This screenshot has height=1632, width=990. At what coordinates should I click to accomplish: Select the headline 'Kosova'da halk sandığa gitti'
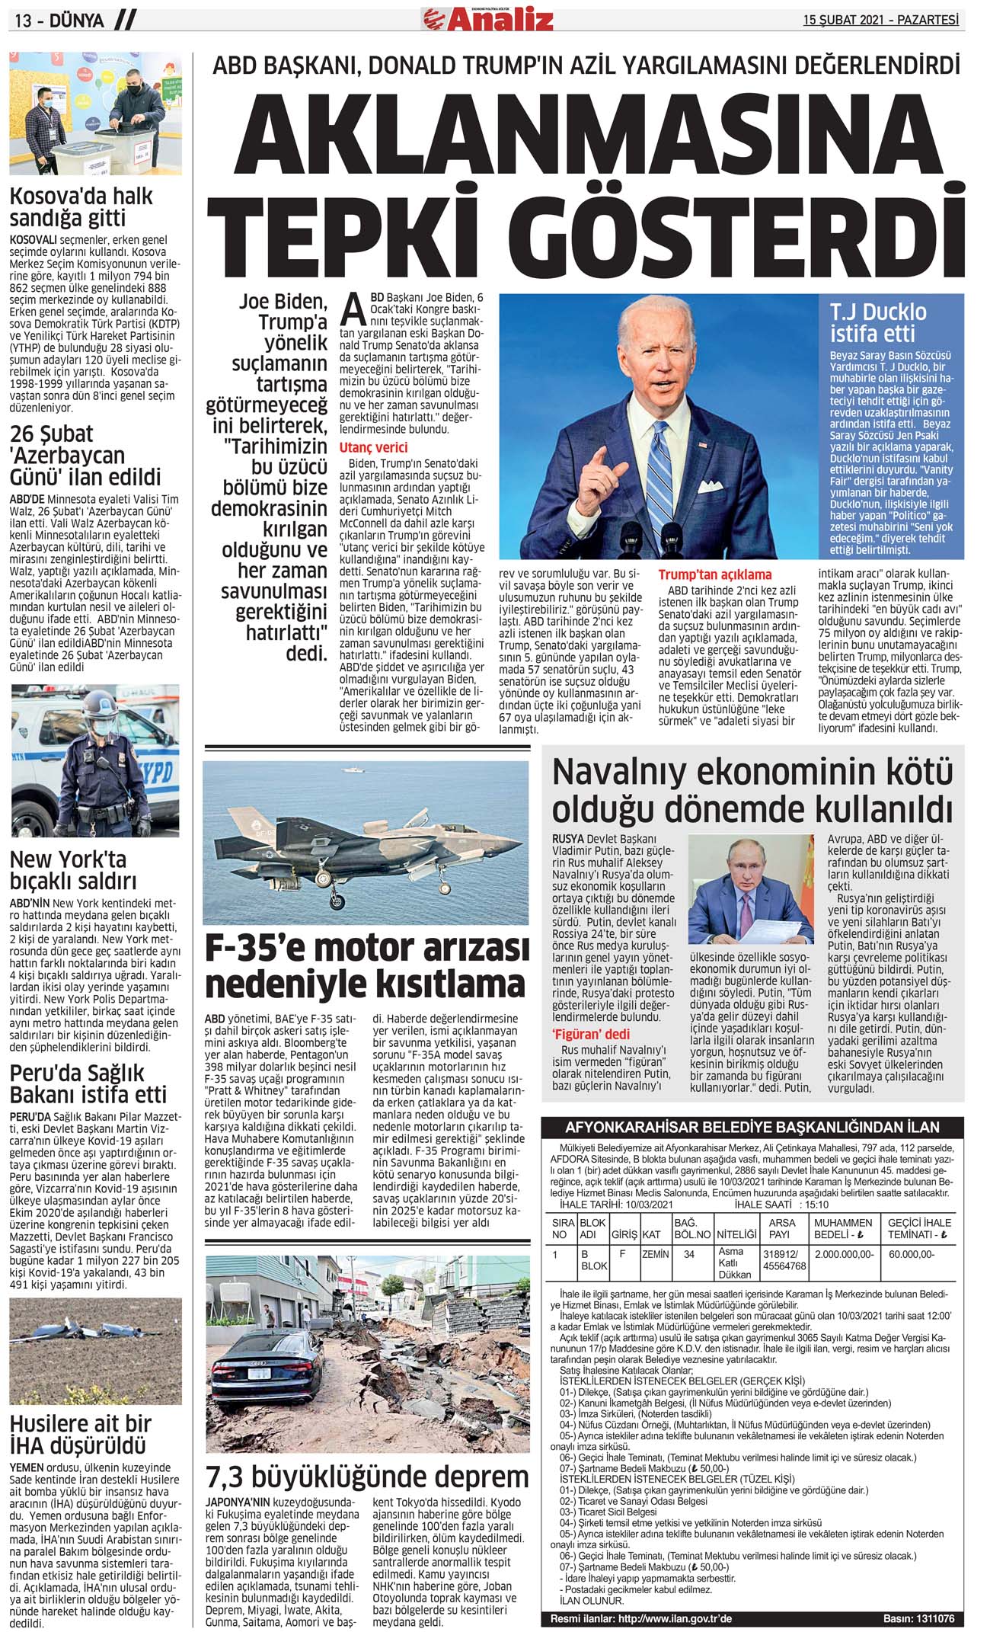click(x=81, y=206)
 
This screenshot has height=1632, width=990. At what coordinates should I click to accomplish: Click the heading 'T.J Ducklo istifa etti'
click(x=878, y=322)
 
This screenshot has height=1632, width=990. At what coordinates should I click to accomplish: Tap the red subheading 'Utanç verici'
click(x=373, y=447)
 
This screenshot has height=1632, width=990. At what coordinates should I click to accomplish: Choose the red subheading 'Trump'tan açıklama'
click(x=714, y=574)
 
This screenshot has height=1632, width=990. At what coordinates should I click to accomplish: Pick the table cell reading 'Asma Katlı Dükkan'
click(x=735, y=1262)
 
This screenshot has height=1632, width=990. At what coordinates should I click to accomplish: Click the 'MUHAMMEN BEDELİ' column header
click(x=843, y=1228)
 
